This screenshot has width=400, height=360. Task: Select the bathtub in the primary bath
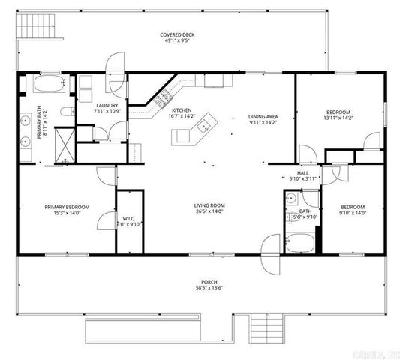(50, 84)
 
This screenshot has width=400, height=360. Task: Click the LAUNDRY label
(104, 105)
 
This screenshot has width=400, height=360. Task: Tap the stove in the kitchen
(163, 98)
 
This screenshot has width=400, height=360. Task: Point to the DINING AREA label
(263, 117)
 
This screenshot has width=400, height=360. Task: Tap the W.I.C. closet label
(128, 217)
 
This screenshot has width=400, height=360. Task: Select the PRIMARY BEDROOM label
(67, 207)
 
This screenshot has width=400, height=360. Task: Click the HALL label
(303, 172)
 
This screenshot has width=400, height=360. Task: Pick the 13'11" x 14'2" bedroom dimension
(338, 117)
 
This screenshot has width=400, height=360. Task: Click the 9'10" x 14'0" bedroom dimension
(352, 213)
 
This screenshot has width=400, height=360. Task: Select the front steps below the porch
(266, 326)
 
